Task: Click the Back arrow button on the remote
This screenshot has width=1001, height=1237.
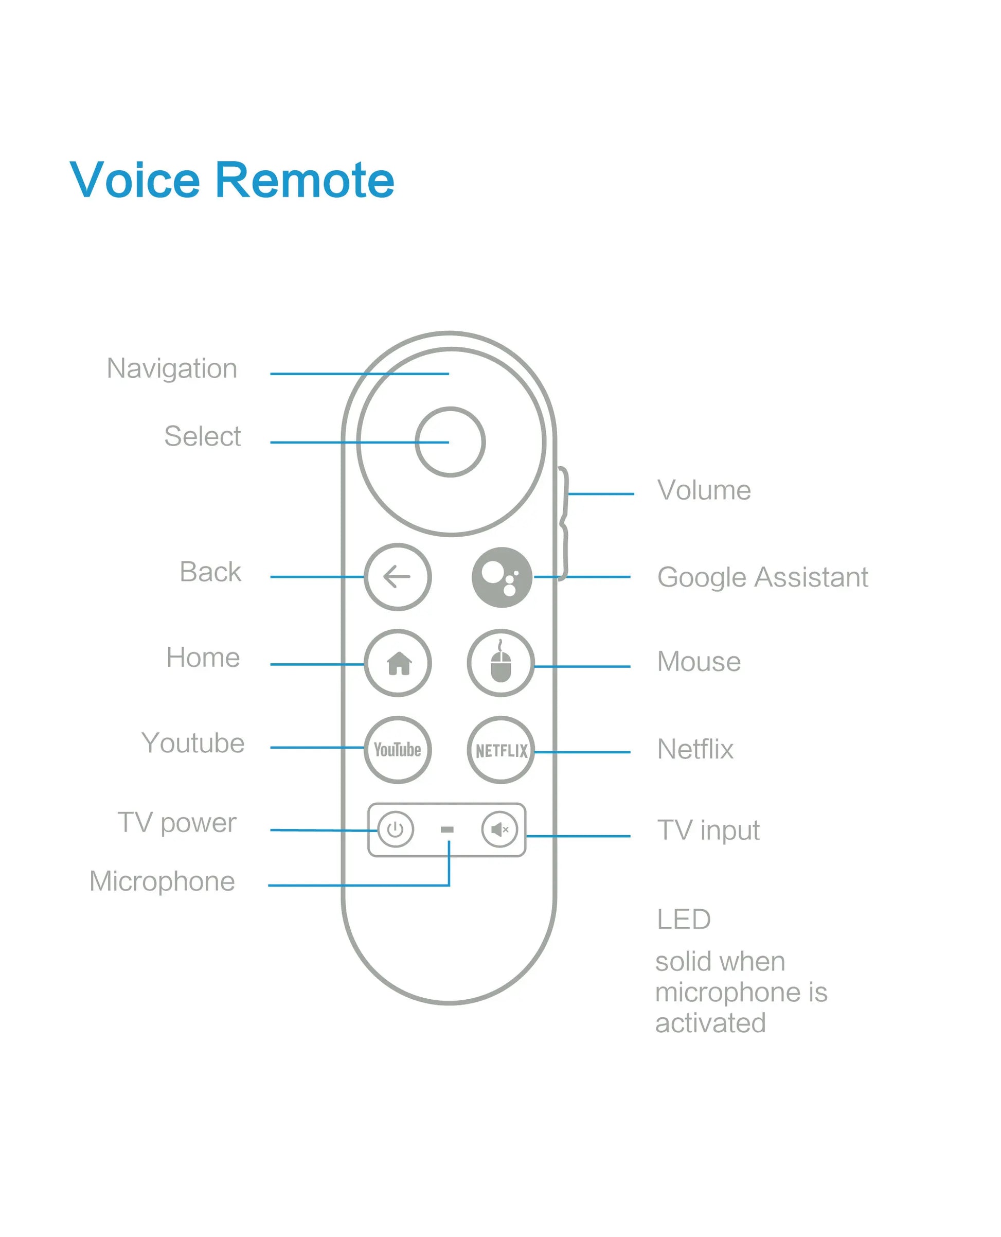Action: tap(397, 576)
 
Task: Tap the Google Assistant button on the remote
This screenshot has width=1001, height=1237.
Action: tap(502, 577)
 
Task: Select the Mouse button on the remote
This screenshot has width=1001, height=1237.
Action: tap(500, 663)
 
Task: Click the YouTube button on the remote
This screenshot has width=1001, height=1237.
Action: tap(397, 749)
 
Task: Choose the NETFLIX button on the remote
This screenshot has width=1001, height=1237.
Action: tap(501, 750)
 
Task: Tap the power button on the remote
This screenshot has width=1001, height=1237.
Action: tap(396, 829)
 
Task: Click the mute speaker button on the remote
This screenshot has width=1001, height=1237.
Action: tap(499, 829)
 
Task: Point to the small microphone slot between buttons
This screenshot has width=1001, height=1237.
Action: tap(447, 829)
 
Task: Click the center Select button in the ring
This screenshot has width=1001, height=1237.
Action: tap(450, 441)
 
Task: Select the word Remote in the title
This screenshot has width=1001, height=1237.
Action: tap(305, 180)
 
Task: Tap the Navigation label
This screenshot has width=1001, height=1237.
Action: tap(172, 368)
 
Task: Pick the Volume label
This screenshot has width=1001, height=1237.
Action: tap(704, 490)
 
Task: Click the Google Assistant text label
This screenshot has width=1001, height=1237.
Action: tap(762, 577)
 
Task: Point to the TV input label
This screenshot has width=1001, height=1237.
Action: tap(708, 830)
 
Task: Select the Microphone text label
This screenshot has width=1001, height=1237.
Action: tap(162, 881)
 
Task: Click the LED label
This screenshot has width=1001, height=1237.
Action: tap(683, 919)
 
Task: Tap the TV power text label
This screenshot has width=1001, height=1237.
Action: tap(177, 822)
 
